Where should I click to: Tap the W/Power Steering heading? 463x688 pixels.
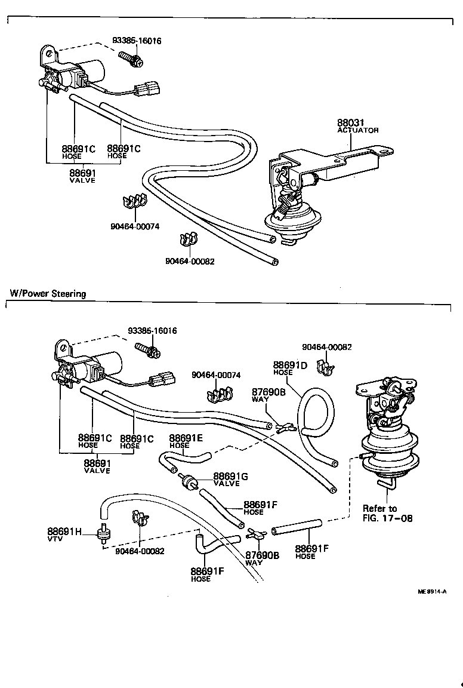48,293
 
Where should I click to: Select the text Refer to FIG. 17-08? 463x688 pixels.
387,513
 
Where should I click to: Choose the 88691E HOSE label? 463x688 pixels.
186,441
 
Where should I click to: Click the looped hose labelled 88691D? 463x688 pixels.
318,412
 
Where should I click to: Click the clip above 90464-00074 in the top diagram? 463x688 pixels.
135,202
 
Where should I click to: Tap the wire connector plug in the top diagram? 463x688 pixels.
146,90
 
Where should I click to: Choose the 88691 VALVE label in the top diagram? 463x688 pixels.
82,176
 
